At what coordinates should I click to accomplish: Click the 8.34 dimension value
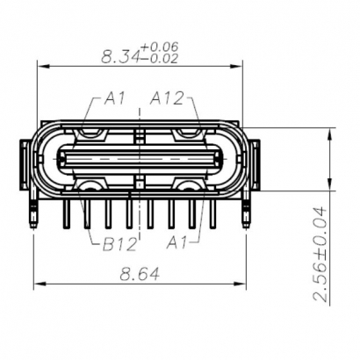coord(120,57)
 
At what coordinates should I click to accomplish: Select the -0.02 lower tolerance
coord(160,60)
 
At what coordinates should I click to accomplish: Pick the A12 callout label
coord(169,97)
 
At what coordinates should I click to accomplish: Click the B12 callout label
coord(117,243)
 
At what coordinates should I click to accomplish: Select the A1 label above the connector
coord(115,97)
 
